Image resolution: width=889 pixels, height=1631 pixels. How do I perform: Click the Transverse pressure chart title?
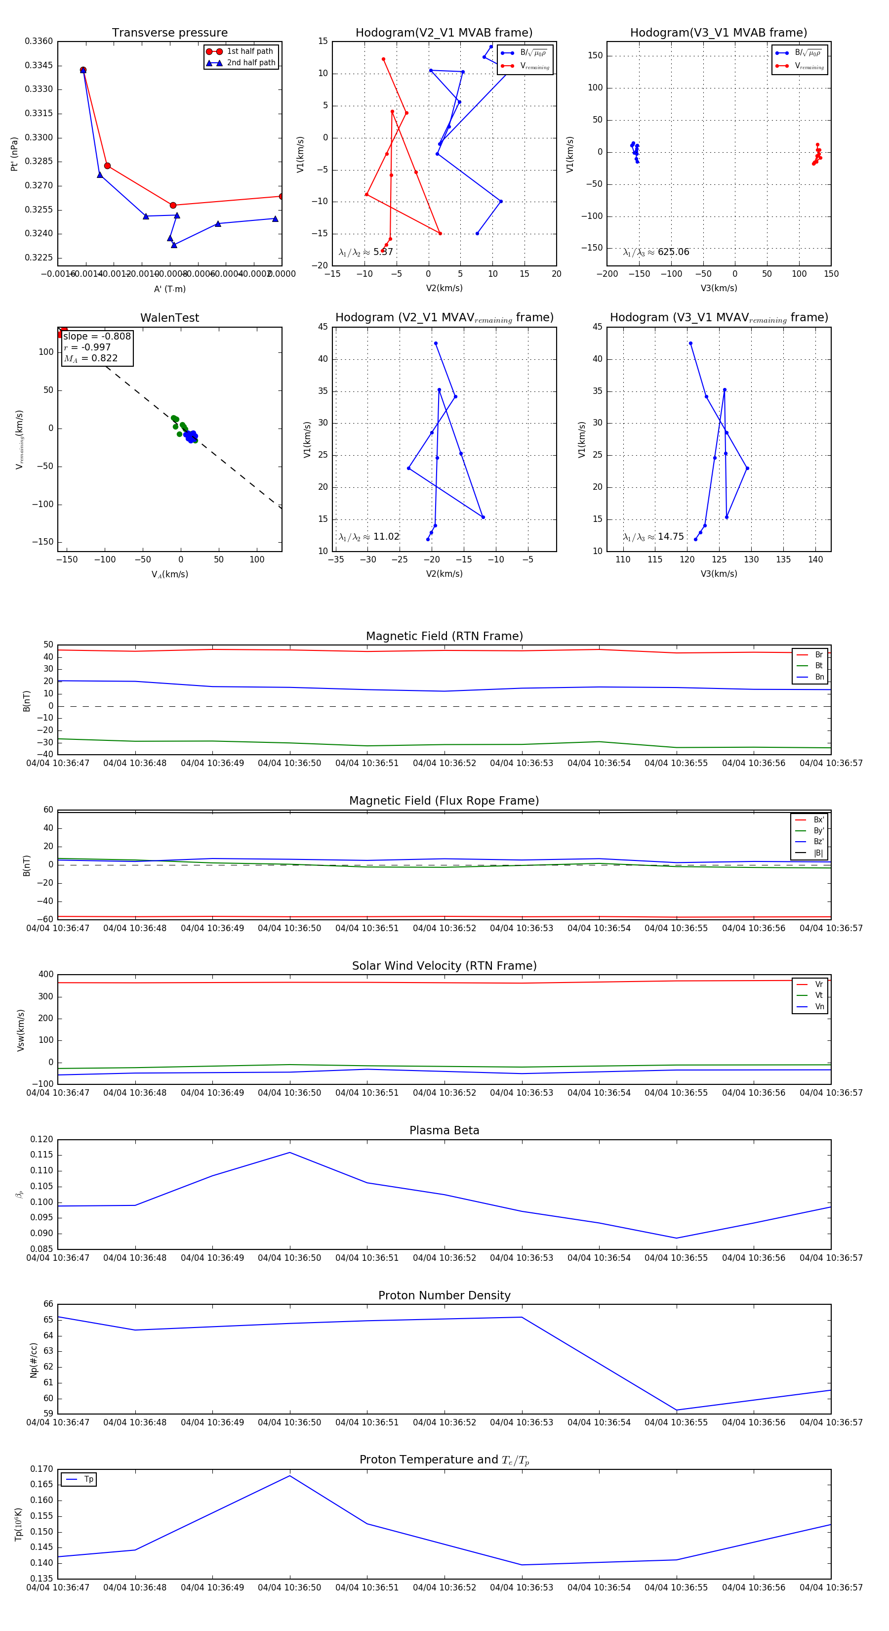169,33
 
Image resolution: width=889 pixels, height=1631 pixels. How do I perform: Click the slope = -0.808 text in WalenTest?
97,336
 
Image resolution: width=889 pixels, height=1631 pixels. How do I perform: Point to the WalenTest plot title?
169,318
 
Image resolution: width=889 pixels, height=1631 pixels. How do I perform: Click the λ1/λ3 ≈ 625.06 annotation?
656,252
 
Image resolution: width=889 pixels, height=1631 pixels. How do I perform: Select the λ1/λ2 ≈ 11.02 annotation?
369,537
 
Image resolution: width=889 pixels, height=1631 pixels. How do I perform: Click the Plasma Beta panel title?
444,1131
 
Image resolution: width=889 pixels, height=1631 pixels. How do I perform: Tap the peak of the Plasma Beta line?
290,1153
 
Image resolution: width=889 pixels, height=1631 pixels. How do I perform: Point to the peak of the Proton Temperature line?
290,1476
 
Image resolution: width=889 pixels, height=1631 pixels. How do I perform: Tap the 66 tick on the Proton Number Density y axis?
48,1304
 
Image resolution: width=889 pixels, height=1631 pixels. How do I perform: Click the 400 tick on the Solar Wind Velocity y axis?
45,975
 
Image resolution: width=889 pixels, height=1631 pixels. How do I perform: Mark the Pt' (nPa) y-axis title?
14,154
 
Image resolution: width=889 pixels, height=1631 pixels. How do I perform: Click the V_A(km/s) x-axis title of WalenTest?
169,574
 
